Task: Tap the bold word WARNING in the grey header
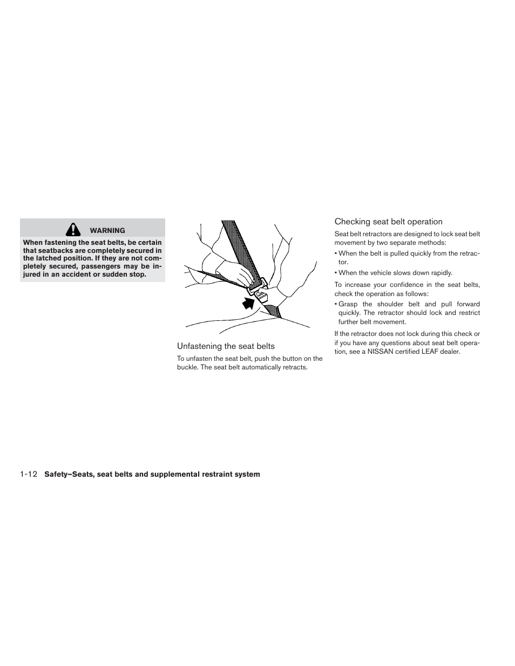click(107, 230)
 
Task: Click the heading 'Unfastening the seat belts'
click(226, 346)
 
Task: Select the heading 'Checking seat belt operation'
click(388, 222)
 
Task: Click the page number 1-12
click(28, 475)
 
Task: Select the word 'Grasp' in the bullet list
click(348, 304)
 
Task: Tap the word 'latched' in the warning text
click(50, 258)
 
